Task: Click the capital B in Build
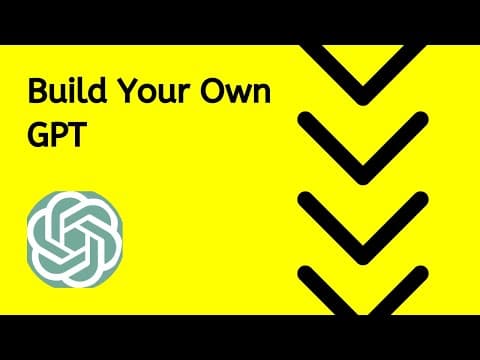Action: tap(36, 94)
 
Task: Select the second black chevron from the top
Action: tap(356, 150)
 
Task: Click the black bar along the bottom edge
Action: tap(240, 337)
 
